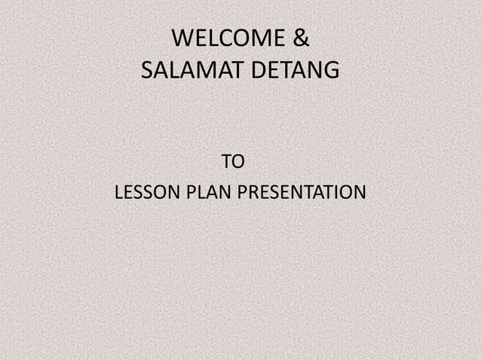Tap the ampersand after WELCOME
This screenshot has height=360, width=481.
click(299, 38)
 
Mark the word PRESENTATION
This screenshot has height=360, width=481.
click(302, 193)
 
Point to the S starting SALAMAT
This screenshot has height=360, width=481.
click(146, 72)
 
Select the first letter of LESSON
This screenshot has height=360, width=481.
click(118, 193)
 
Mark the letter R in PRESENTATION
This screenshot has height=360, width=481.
click(251, 193)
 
